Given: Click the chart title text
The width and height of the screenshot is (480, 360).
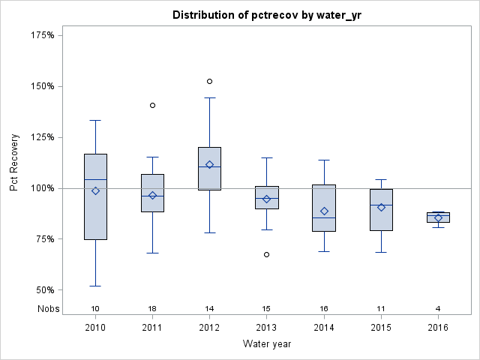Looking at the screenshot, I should pyautogui.click(x=266, y=15).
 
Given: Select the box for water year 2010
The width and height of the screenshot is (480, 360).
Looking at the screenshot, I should pyautogui.click(x=95, y=196).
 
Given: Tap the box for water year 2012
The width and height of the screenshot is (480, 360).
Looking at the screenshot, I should pyautogui.click(x=209, y=169).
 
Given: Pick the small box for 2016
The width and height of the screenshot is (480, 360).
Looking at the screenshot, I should pyautogui.click(x=438, y=217).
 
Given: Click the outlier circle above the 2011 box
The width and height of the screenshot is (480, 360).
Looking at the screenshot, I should pyautogui.click(x=152, y=105).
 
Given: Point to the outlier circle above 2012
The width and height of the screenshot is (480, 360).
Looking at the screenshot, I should pyautogui.click(x=209, y=81).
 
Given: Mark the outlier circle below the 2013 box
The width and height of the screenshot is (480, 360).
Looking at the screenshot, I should pyautogui.click(x=266, y=254).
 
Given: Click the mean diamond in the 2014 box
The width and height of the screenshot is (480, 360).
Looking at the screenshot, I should pyautogui.click(x=324, y=211).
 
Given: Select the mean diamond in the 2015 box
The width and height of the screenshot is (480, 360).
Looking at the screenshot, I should pyautogui.click(x=381, y=207).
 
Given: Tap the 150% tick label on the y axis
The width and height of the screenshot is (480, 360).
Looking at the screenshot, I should pyautogui.click(x=43, y=86).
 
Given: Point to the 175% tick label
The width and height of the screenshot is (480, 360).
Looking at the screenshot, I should pyautogui.click(x=43, y=35).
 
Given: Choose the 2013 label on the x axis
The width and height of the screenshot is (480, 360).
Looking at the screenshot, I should pyautogui.click(x=266, y=328).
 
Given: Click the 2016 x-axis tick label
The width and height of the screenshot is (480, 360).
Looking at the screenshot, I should pyautogui.click(x=438, y=328).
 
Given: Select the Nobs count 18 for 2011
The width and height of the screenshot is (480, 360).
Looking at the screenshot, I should pyautogui.click(x=152, y=309).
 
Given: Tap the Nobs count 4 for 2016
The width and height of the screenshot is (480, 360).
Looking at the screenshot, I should pyautogui.click(x=438, y=309).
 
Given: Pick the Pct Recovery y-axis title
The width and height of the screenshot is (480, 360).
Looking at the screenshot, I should pyautogui.click(x=15, y=163).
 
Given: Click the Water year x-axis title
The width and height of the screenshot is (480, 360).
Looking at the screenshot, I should pyautogui.click(x=266, y=344).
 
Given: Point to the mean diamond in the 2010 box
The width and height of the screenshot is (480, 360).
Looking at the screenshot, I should pyautogui.click(x=95, y=190).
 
